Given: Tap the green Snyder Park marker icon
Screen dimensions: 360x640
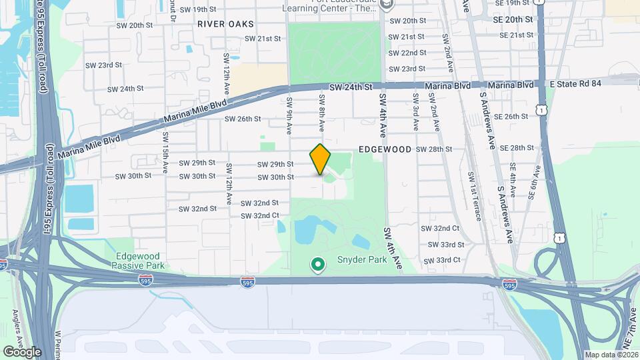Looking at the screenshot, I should pyautogui.click(x=319, y=265).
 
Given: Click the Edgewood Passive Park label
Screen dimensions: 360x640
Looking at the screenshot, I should pyautogui.click(x=139, y=261).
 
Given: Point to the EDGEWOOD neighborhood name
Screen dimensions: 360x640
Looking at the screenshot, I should pyautogui.click(x=385, y=150).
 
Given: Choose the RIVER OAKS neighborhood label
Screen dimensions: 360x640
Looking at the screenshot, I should pyautogui.click(x=226, y=24).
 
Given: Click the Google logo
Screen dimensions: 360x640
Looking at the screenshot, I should pyautogui.click(x=22, y=351).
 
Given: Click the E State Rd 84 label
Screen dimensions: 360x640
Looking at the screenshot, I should pyautogui.click(x=577, y=83).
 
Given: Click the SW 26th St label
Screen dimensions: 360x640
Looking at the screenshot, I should pyautogui.click(x=242, y=119).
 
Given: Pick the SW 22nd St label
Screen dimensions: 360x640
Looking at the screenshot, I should pyautogui.click(x=407, y=53).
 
